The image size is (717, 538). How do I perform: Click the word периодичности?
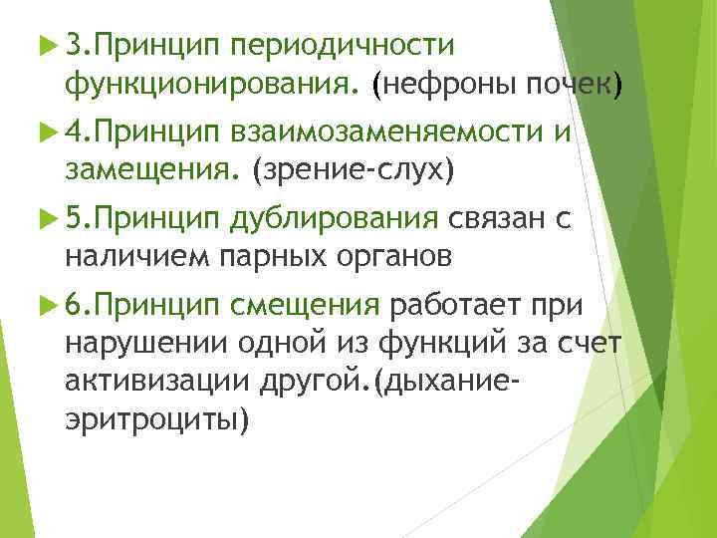pos(341,46)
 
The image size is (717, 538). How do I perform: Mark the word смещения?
pos(305,304)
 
